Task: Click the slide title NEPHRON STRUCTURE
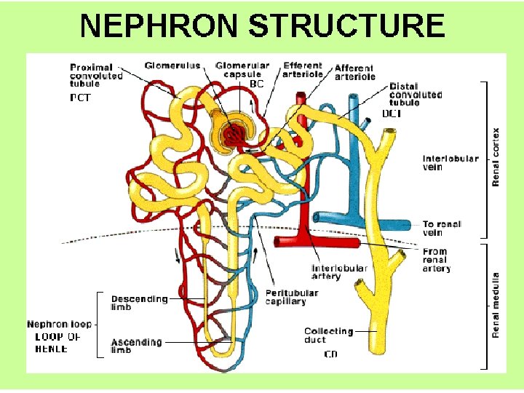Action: coord(262,25)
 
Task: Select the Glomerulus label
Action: coord(172,66)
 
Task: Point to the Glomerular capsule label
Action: coord(242,70)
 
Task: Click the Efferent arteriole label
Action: coord(303,70)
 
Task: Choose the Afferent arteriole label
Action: coord(355,72)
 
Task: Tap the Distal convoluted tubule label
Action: coord(416,95)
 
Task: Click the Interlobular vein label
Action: coord(450,162)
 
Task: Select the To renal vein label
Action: coord(442,229)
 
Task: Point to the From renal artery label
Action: coord(436,260)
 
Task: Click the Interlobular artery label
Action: coord(339,272)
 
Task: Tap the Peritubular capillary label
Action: coord(291,297)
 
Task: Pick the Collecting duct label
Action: coord(328,335)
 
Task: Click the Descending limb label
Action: coord(139,303)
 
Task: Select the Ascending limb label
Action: coord(136,345)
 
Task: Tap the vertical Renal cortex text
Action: coord(496,157)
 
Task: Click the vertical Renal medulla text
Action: coord(496,304)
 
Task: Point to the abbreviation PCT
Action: coord(80,97)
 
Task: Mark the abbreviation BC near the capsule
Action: coord(256,84)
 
